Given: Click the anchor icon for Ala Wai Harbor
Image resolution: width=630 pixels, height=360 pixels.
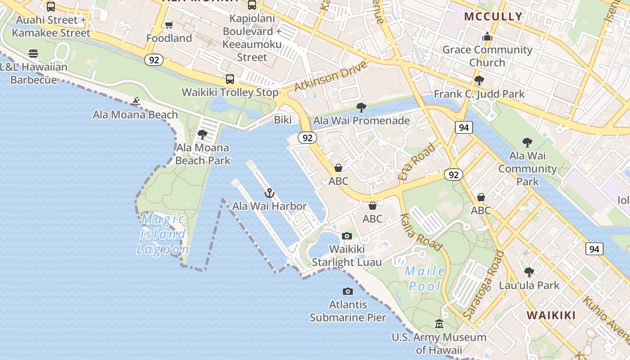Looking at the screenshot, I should point(269,193).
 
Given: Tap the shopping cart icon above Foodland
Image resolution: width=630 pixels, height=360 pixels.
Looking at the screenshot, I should point(169,25).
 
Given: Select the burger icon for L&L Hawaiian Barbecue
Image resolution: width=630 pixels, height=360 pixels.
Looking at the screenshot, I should point(33,54).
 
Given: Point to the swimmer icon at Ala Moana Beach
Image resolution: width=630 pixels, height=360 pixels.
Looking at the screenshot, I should point(135,102).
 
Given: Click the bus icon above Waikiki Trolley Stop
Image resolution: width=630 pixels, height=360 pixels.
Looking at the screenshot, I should point(230,79).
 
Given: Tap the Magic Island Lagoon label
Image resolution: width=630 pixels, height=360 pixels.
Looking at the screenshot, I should point(162,234).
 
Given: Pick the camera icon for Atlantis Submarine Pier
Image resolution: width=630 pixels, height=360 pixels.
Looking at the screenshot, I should point(348,292).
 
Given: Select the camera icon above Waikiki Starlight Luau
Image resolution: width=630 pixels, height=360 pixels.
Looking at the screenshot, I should point(346,236).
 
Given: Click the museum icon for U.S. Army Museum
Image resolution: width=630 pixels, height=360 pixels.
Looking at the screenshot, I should point(439,324).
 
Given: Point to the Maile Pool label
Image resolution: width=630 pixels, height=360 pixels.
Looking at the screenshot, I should point(425,279).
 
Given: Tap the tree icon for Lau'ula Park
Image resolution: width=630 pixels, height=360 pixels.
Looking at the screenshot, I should point(529,272).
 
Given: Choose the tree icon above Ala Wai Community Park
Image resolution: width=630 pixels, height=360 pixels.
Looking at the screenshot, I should point(527,143).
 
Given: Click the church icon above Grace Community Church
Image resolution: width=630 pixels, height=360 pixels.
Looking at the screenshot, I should point(487,36).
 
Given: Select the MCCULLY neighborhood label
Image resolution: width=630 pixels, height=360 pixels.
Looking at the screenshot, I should point(493,17).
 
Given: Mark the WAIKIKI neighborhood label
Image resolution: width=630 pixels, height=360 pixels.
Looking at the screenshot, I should point(551,315).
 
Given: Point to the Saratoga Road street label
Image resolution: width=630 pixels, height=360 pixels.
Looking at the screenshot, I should point(484,286).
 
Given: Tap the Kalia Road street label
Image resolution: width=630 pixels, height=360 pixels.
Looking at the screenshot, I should point(421,231).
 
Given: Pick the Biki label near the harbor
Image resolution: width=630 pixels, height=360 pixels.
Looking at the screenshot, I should point(283,120).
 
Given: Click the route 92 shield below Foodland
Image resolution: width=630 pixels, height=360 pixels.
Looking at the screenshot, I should point(153,60).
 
